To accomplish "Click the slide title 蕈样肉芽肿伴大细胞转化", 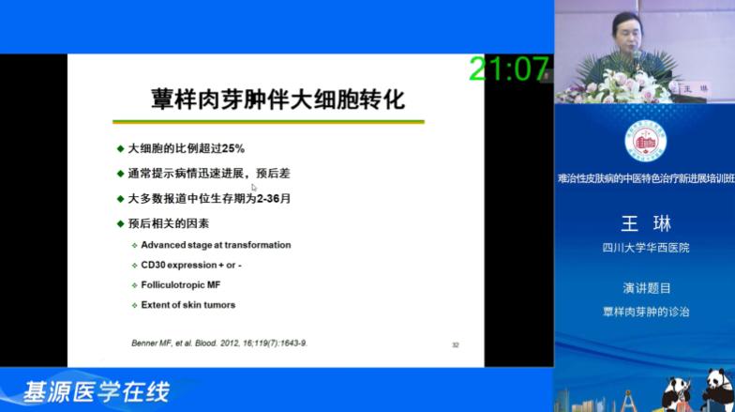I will pyautogui.click(x=277, y=99).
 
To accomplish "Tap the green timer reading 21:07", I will pyautogui.click(x=508, y=68).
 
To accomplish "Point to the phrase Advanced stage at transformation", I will pyautogui.click(x=216, y=245).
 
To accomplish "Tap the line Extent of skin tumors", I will pyautogui.click(x=187, y=304).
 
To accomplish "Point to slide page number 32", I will pyautogui.click(x=455, y=344).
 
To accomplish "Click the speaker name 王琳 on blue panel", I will pyautogui.click(x=646, y=223).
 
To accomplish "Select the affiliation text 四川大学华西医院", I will pyautogui.click(x=645, y=248).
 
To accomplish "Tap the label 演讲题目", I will pyautogui.click(x=646, y=288).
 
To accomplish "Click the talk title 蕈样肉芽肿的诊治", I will pyautogui.click(x=646, y=311).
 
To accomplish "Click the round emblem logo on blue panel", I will pyautogui.click(x=645, y=142).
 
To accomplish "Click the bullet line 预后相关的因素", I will pyautogui.click(x=169, y=222).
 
